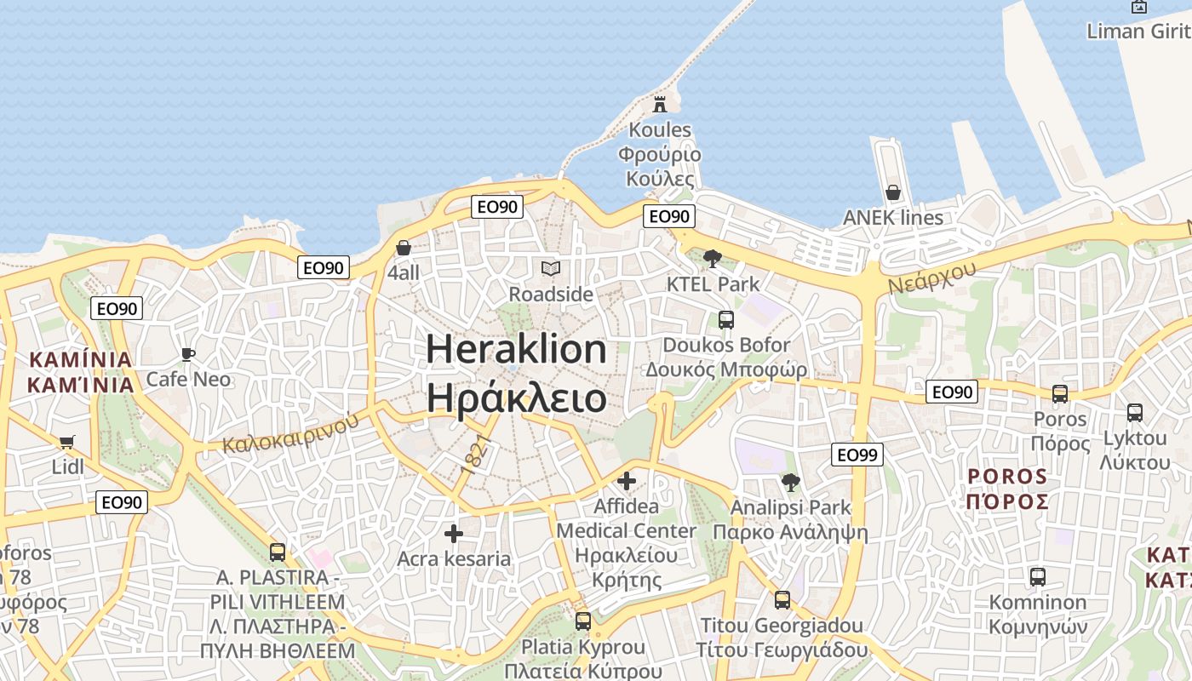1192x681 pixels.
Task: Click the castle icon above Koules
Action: (659, 105)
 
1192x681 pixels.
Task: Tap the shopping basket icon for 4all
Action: (404, 248)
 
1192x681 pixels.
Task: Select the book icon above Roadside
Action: (551, 269)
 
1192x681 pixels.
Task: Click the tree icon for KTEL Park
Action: (713, 258)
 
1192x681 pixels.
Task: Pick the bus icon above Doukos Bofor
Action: (726, 320)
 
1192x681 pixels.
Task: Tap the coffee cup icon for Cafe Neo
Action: (188, 354)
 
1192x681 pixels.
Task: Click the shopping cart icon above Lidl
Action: (67, 442)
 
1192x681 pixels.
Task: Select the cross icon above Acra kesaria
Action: (454, 534)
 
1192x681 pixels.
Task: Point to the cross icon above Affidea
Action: (627, 481)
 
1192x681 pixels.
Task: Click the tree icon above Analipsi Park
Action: (791, 483)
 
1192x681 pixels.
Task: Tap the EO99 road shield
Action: (857, 455)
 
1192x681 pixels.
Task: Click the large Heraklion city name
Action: (516, 349)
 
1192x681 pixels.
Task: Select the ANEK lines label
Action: (892, 218)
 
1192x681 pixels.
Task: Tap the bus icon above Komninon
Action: (1038, 576)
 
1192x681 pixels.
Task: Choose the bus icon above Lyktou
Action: (1135, 413)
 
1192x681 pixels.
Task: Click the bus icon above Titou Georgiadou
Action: (782, 600)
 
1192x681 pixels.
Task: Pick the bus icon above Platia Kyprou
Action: (583, 621)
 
